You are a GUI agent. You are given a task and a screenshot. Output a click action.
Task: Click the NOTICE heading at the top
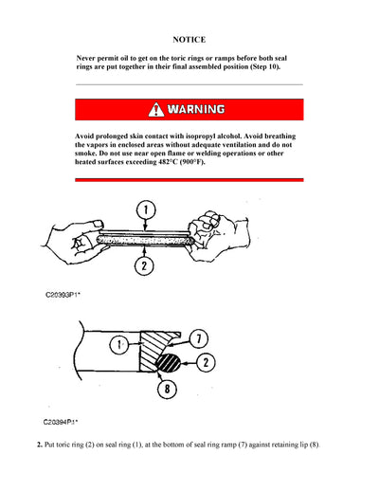point(189,40)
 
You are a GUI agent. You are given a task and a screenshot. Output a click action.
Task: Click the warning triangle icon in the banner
point(156,109)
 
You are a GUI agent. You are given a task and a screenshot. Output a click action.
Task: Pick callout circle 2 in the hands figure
point(144,266)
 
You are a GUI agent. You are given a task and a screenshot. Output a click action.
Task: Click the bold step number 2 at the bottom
point(38,444)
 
